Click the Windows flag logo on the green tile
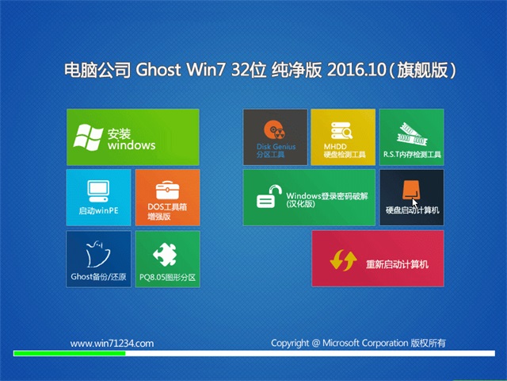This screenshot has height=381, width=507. tap(88, 137)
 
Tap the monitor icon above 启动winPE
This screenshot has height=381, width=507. tap(98, 191)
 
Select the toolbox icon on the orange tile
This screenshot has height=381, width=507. tap(167, 190)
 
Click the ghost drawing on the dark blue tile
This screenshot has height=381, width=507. tap(98, 254)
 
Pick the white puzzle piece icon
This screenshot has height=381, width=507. tap(166, 254)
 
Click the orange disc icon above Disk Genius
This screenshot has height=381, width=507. tap(274, 131)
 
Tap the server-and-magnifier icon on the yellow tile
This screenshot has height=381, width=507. tap(341, 130)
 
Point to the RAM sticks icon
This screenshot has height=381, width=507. tap(412, 134)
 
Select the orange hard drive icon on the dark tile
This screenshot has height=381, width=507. tap(411, 190)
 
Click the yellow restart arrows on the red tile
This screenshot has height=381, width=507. tap(343, 260)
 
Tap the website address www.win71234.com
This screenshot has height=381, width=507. tap(112, 344)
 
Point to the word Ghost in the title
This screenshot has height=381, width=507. tap(158, 70)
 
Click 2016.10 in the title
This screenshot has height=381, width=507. tap(356, 70)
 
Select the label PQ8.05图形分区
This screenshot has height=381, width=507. tap(167, 277)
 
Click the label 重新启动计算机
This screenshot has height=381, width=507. tap(397, 264)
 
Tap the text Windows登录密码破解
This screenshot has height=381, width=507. tap(327, 196)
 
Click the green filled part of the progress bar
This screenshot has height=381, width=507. tap(70, 353)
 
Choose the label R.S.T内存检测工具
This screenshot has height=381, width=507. tap(412, 155)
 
